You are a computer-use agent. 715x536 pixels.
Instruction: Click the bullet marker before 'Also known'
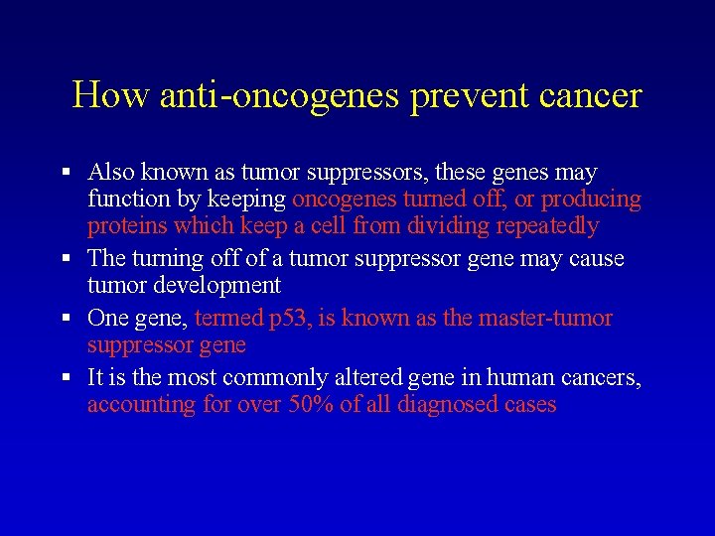point(67,173)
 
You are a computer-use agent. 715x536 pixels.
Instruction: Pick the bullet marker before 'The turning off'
point(67,259)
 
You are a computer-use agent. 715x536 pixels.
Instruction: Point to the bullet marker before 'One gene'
point(67,319)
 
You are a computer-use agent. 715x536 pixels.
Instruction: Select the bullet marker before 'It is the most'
point(67,378)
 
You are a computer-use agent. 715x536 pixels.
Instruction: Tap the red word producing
point(591,200)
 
